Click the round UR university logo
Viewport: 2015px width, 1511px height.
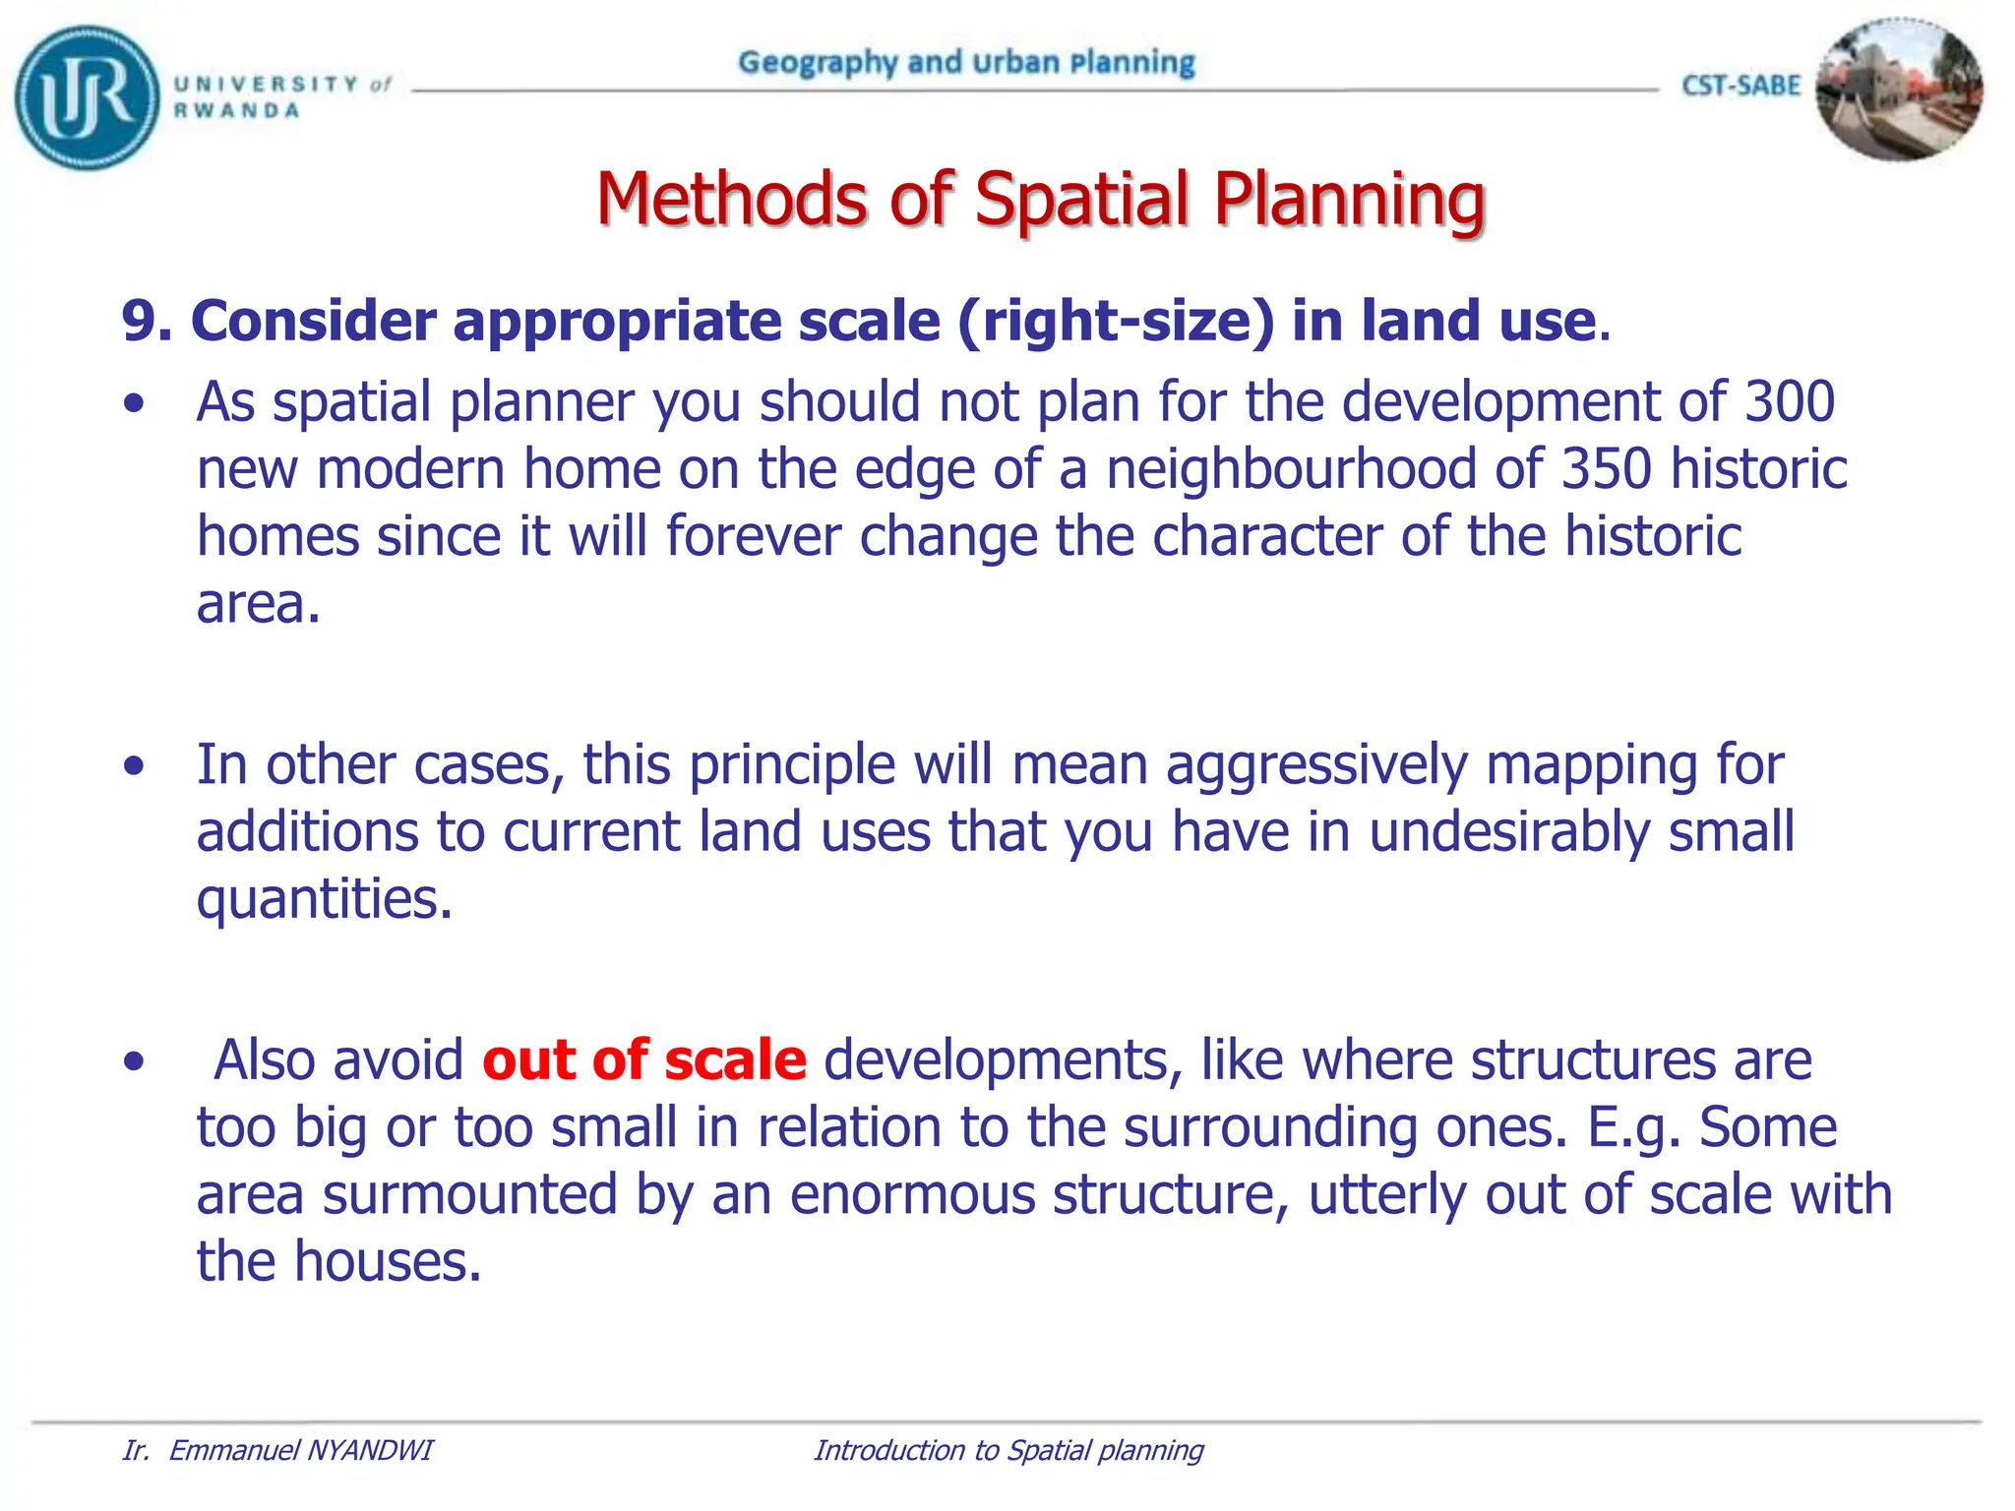click(87, 97)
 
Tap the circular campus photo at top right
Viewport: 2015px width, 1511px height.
click(1898, 90)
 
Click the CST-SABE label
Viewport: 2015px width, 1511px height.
click(1740, 87)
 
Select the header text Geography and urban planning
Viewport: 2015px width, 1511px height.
click(966, 63)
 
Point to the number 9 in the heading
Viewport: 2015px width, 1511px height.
click(139, 322)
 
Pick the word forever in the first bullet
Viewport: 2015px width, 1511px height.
click(753, 536)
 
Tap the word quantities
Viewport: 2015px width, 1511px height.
click(324, 899)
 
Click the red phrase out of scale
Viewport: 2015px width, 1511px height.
click(644, 1060)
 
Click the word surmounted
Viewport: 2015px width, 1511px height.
click(470, 1194)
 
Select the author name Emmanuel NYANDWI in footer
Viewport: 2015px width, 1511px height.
click(300, 1450)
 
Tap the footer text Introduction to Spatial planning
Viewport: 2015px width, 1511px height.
click(1008, 1450)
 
